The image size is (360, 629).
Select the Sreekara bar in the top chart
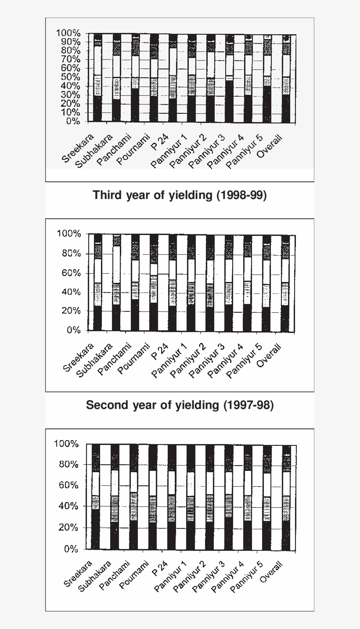(97, 78)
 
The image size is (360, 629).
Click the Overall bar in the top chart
(286, 79)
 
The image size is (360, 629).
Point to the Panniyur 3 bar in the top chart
(229, 79)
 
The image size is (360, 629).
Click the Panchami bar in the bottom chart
(134, 497)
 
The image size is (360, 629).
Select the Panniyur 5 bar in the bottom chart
(267, 498)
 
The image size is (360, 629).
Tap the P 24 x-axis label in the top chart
(159, 141)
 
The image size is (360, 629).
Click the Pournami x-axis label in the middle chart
(133, 358)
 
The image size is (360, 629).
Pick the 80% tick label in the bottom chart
(68, 464)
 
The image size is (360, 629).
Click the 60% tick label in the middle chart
(71, 273)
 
